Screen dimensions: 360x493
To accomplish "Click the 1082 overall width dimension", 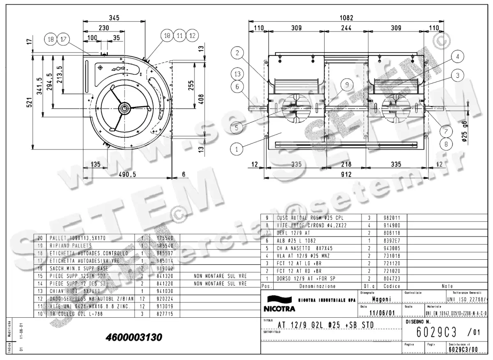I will tap(346, 18).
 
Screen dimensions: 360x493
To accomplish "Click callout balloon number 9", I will tap(347, 85).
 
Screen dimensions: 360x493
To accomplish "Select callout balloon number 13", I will tap(237, 74).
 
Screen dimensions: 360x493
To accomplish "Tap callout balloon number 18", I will tap(51, 39).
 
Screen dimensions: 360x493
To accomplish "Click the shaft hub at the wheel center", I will tap(124, 108).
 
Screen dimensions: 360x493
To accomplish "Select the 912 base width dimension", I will tap(346, 174).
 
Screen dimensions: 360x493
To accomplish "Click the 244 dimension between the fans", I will tap(346, 28).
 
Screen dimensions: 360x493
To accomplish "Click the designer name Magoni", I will tap(380, 299).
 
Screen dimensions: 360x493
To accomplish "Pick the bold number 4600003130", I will tap(134, 337).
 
